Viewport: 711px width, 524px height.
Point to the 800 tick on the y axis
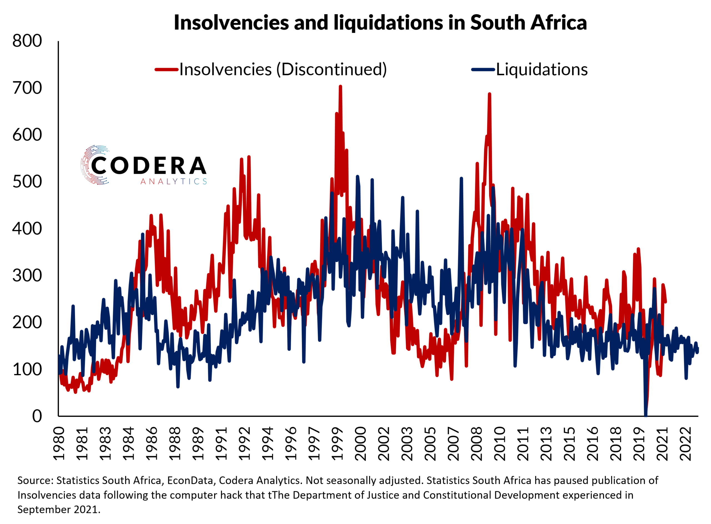27,41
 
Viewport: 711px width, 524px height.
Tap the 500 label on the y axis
27,182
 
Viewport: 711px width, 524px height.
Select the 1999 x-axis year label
337,444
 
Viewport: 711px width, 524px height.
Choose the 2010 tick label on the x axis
500,444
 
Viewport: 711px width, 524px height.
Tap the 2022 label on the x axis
685,444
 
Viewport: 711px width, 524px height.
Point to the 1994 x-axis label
268,444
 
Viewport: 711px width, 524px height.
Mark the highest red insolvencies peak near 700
340,86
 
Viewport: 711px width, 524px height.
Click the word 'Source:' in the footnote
35,481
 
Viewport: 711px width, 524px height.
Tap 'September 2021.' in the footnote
59,509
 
